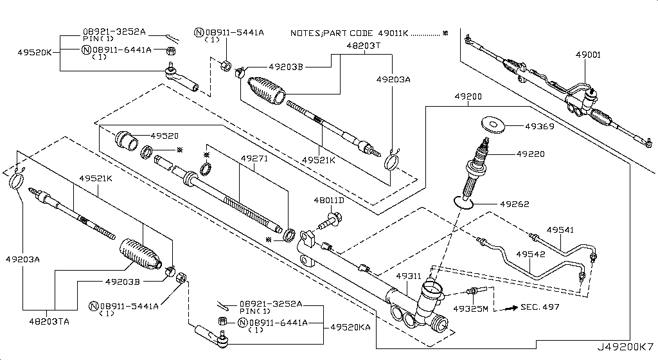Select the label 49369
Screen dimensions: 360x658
click(540, 127)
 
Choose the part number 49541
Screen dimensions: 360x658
click(560, 230)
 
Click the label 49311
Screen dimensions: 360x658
click(408, 276)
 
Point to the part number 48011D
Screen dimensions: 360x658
click(329, 201)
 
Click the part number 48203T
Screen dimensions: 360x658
click(364, 46)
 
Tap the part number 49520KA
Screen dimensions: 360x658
click(350, 327)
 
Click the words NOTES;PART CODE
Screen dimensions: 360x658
click(331, 32)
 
